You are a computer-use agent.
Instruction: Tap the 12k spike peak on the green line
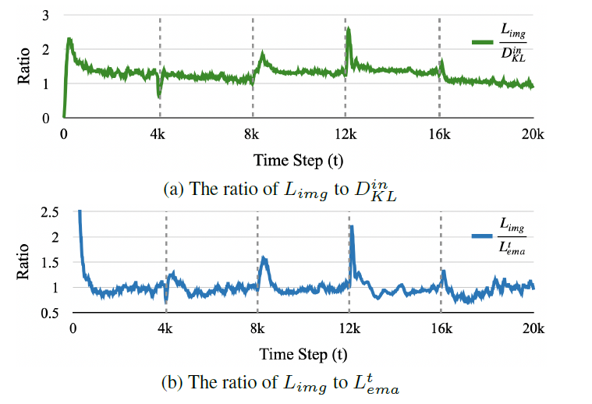click(x=348, y=30)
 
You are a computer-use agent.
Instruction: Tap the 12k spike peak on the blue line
click(x=352, y=227)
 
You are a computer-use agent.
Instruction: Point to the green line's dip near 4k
click(x=159, y=96)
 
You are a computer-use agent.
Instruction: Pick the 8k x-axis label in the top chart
click(x=252, y=134)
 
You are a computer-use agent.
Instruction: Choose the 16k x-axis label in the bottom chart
click(x=441, y=328)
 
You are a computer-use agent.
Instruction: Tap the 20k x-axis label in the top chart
click(x=533, y=134)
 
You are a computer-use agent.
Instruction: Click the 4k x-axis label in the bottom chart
click(x=165, y=328)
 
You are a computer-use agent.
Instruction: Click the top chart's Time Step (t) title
click(x=297, y=159)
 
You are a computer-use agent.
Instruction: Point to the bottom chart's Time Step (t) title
click(x=303, y=353)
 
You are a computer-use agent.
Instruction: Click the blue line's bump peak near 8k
click(x=264, y=259)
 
